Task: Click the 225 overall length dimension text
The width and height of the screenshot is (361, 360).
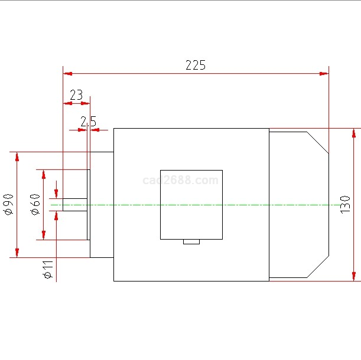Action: pos(196,65)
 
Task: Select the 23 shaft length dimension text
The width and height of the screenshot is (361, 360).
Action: pos(76,95)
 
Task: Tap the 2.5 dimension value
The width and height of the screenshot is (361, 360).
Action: pos(88,122)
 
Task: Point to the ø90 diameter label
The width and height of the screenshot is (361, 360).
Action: pos(8,204)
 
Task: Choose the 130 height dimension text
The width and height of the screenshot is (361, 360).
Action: pos(346,204)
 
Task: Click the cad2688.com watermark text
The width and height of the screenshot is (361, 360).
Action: pos(181,180)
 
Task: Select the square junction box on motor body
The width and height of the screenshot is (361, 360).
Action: pos(191,204)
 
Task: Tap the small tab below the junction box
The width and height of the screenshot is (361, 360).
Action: pos(191,241)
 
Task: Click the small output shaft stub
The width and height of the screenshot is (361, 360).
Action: pos(74,204)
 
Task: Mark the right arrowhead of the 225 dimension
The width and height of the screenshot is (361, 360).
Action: pos(324,74)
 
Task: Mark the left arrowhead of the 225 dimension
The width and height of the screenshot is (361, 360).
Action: pos(67,74)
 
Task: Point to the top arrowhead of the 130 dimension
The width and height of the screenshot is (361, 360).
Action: pos(354,132)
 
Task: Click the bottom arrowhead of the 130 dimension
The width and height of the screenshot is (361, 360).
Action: pos(354,277)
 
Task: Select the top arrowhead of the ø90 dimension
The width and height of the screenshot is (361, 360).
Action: pos(17,156)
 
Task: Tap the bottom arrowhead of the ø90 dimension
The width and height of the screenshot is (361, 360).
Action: pos(17,253)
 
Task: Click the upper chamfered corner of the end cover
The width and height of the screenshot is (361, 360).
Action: pos(318,143)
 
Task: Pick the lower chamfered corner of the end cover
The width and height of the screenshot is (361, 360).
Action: pos(318,266)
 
